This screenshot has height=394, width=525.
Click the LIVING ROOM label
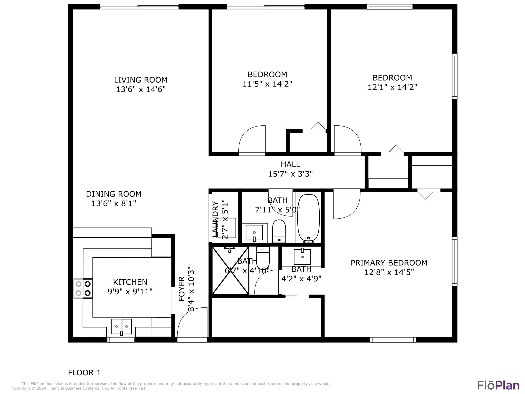point(141,80)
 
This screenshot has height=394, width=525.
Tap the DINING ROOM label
point(114,194)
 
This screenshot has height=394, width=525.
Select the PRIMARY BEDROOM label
point(389,263)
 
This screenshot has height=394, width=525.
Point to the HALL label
point(290,164)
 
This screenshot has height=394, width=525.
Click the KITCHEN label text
point(130,282)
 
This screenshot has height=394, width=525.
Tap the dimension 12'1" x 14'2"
point(392,87)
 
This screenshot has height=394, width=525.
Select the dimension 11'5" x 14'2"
point(267,84)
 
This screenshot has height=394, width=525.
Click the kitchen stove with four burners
point(83,288)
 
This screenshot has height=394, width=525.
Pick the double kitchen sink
point(122,327)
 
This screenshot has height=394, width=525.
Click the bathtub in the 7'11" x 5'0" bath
point(309,218)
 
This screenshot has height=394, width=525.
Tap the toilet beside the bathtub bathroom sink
point(279,231)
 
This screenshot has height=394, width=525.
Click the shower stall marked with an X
point(230,271)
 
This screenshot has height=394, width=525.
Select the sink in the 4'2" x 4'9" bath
point(302,257)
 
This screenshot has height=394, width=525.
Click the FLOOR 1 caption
point(84,372)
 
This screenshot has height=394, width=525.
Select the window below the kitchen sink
point(121,340)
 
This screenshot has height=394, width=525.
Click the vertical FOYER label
point(181,289)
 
